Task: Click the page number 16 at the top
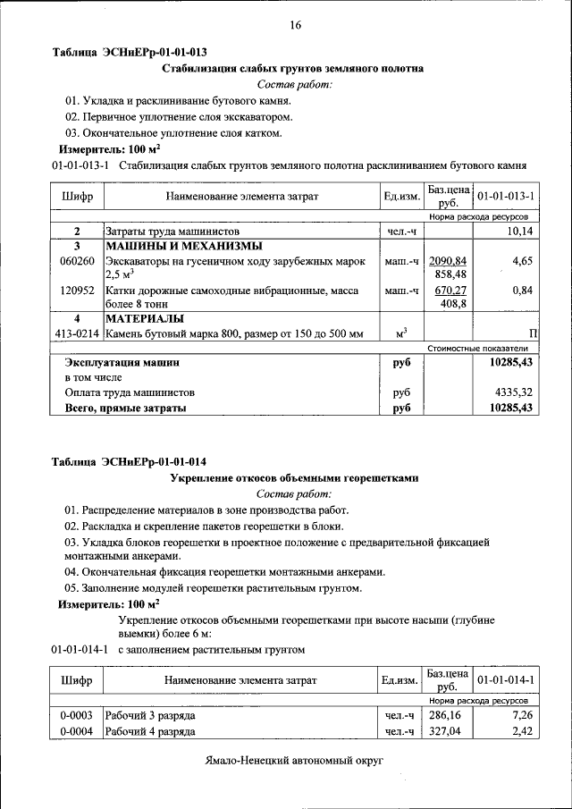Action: pos(295,25)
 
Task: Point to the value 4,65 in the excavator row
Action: pos(523,261)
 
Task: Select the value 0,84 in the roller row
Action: pos(523,291)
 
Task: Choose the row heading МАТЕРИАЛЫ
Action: pos(145,318)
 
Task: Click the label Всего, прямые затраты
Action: pos(125,408)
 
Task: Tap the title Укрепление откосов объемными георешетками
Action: pos(294,478)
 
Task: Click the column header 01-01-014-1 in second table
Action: pos(506,681)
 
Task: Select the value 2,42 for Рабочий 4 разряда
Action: pos(522,732)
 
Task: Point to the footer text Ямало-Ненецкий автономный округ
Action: pos(293,759)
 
